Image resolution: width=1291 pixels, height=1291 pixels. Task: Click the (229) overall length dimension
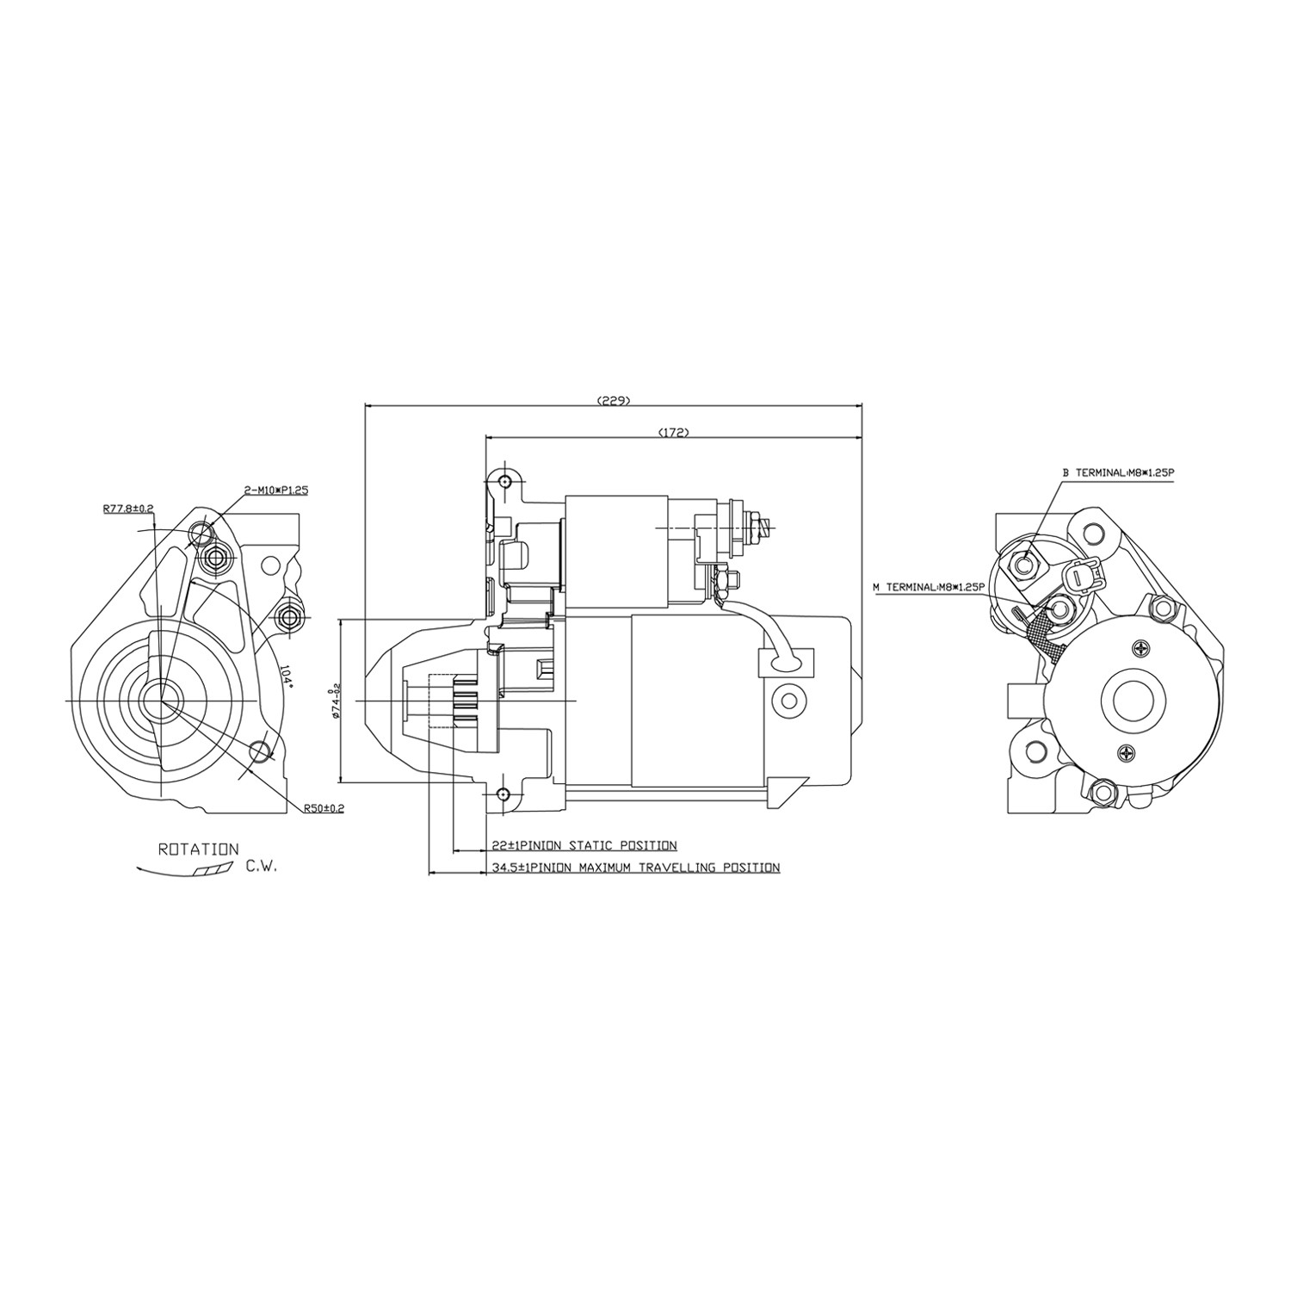click(x=614, y=400)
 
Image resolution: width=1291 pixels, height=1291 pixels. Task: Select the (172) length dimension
click(x=673, y=432)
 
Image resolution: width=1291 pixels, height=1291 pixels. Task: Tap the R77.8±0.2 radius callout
click(x=127, y=509)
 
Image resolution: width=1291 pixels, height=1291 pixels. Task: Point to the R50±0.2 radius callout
click(x=324, y=808)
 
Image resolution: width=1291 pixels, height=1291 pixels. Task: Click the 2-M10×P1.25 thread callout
click(x=276, y=490)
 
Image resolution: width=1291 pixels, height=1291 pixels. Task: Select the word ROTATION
click(x=199, y=849)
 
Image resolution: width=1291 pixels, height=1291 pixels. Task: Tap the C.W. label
click(x=262, y=868)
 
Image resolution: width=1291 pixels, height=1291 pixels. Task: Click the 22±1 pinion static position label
click(x=584, y=845)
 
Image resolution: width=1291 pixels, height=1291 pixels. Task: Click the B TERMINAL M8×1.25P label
click(x=1119, y=473)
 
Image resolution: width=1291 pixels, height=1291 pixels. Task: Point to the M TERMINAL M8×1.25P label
click(x=928, y=587)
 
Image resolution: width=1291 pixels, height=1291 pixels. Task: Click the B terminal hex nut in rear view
click(x=1023, y=565)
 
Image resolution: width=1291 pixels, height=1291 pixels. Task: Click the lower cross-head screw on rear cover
click(x=1129, y=752)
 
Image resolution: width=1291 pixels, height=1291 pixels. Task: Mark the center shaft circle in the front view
click(x=160, y=701)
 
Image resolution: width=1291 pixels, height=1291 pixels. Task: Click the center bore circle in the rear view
click(x=1134, y=700)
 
